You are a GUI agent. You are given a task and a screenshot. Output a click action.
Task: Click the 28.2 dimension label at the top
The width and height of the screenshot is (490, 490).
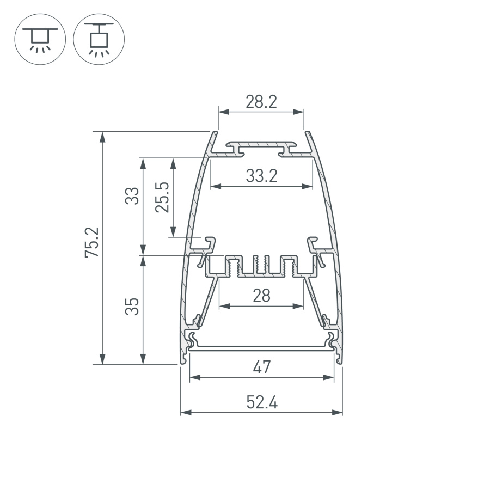[261, 102]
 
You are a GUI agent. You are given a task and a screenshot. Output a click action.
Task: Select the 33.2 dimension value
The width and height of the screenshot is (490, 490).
[261, 176]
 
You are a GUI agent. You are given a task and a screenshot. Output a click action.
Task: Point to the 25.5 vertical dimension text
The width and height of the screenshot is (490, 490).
[162, 197]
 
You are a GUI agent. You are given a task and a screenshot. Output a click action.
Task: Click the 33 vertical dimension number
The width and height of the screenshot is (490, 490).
[132, 196]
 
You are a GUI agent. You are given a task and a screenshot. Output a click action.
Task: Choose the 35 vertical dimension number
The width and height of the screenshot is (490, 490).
[132, 307]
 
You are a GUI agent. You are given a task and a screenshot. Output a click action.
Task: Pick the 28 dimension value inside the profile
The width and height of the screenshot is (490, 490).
[261, 296]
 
